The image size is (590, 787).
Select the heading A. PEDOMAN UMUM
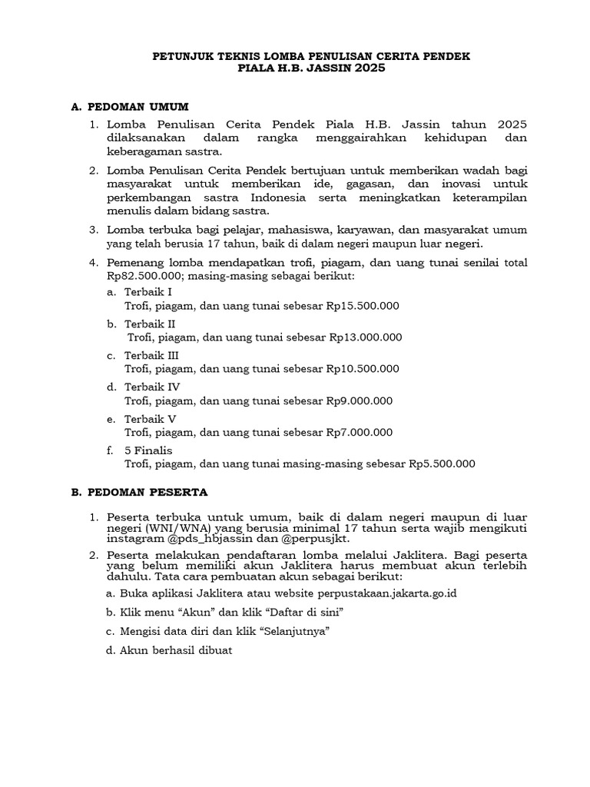[x=129, y=105]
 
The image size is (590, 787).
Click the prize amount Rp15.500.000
[x=363, y=305]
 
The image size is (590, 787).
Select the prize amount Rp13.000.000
[x=366, y=337]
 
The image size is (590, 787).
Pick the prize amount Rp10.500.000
[x=363, y=368]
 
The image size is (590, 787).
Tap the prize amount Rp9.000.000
[x=360, y=400]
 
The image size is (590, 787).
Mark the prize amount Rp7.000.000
[x=360, y=432]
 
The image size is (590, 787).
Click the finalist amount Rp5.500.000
[x=442, y=463]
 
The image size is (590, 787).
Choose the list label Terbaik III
[x=151, y=355]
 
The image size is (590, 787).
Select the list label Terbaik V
[x=150, y=419]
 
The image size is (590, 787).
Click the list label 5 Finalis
[x=148, y=450]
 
